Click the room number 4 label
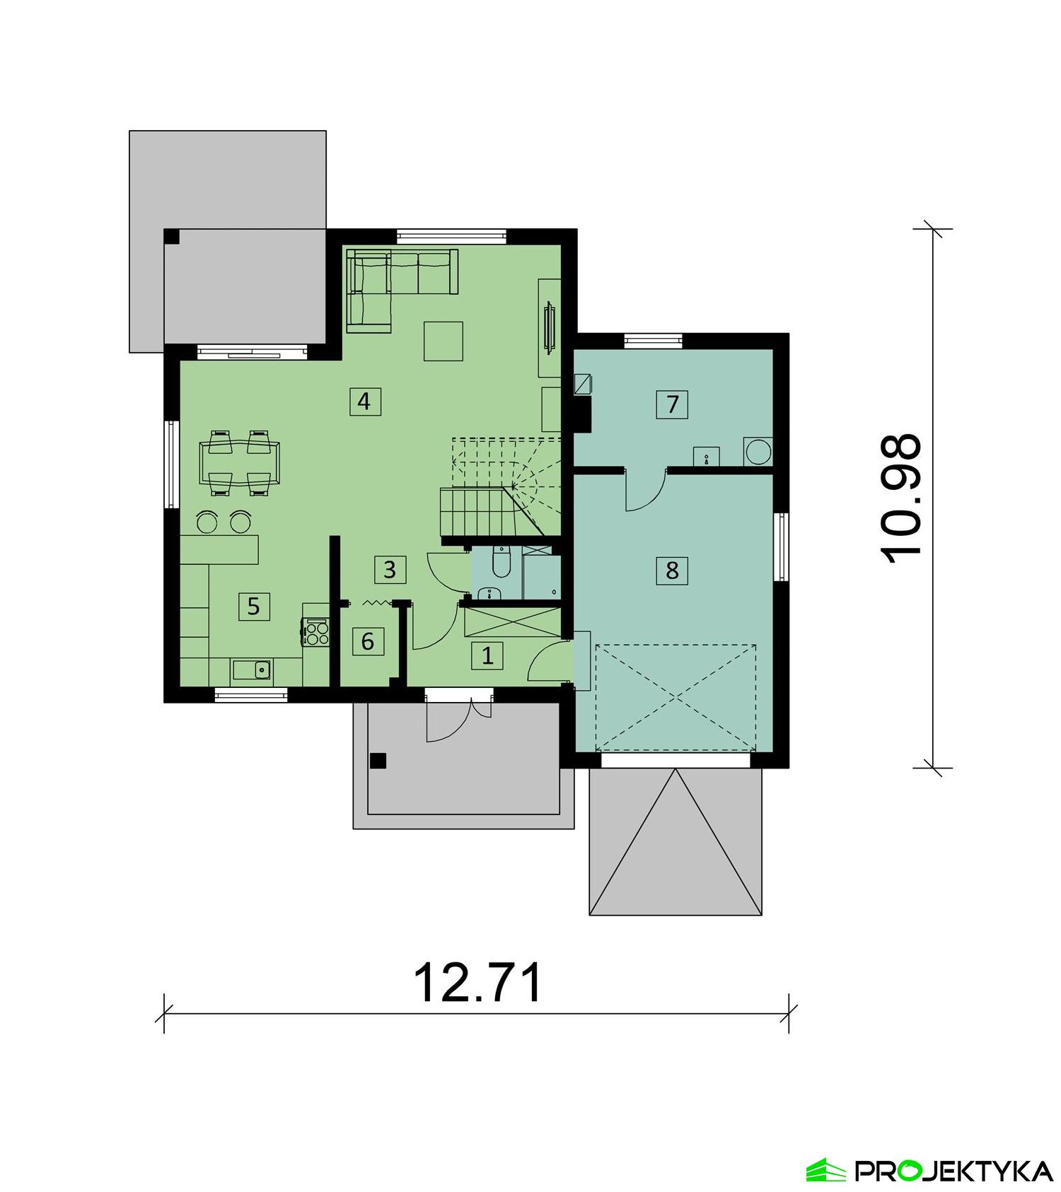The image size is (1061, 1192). (x=364, y=402)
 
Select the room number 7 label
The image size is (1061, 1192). (x=672, y=404)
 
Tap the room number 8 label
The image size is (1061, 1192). (x=671, y=569)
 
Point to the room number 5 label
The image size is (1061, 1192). (x=254, y=606)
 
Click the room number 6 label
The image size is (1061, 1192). (x=368, y=641)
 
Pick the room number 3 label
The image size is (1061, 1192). (x=390, y=569)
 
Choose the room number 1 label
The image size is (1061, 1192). (x=487, y=655)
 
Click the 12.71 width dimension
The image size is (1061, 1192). (x=478, y=983)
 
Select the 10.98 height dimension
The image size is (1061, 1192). (x=902, y=499)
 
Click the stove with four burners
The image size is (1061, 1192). (x=316, y=631)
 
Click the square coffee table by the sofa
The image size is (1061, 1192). (x=443, y=341)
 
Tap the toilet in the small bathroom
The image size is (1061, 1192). (x=501, y=561)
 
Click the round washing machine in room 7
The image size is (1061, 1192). (x=758, y=452)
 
